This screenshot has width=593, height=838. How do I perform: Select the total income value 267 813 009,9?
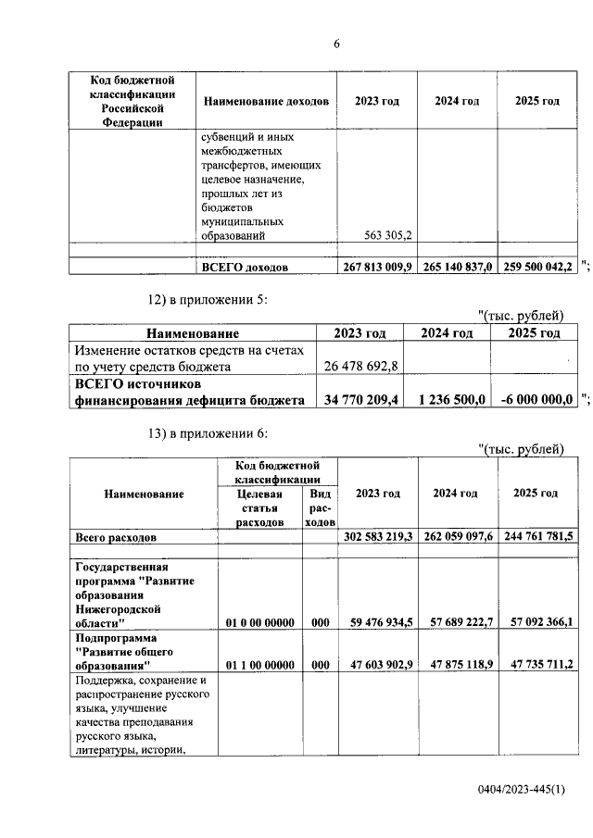coord(376,267)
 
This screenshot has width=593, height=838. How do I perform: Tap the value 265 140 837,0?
coord(457,267)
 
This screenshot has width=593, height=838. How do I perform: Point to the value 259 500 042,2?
coord(537,267)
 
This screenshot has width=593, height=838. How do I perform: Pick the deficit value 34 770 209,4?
coord(359,400)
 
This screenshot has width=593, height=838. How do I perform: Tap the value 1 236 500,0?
coord(451,400)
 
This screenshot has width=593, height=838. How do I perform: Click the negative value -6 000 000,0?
coord(532,400)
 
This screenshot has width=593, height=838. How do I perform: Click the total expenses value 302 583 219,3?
coord(377,536)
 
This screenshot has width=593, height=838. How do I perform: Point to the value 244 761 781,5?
coord(537,536)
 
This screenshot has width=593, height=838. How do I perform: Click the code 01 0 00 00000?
coord(259,623)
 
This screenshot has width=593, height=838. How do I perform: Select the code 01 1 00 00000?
coord(259,665)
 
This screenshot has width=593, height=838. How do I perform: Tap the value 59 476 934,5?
coord(377,623)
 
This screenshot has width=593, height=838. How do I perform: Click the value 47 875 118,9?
coord(457,665)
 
